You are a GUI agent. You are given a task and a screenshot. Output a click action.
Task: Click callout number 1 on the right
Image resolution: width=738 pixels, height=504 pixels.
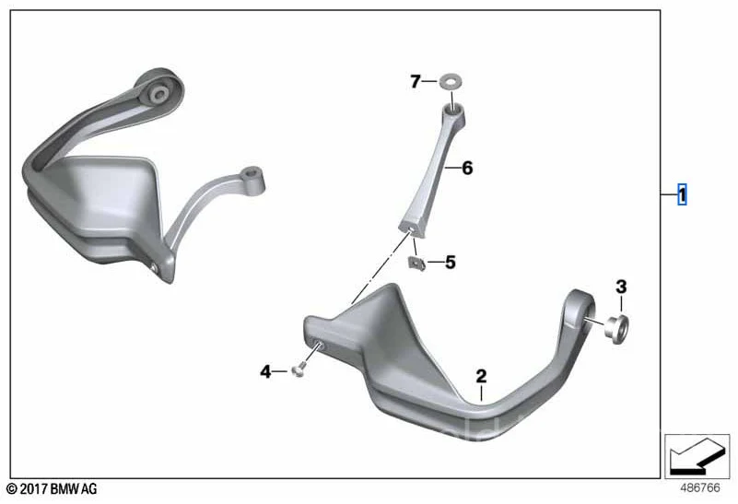[x=682, y=195]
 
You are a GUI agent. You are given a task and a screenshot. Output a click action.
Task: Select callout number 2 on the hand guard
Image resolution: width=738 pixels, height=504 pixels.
[x=480, y=375]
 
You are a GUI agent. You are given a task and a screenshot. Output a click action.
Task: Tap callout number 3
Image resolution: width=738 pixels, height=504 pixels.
[x=620, y=287]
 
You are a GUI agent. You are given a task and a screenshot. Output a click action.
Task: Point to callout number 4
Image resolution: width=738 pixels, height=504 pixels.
[x=265, y=371]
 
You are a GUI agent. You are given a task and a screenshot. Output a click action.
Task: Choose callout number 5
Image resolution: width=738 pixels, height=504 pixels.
[x=450, y=263]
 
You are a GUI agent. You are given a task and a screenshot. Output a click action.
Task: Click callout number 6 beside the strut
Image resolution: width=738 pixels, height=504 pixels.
[x=466, y=168]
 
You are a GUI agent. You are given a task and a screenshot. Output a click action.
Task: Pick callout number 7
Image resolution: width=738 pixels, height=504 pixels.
[x=416, y=82]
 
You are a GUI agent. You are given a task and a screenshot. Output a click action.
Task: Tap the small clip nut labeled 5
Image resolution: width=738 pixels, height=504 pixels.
[x=416, y=263]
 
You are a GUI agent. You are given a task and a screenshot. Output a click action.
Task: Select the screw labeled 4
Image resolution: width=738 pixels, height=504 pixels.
[x=297, y=371]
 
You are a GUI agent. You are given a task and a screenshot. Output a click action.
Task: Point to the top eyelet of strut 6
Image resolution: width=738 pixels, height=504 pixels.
[x=454, y=110]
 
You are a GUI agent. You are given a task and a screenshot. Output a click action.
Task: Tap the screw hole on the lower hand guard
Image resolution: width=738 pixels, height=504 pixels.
[x=318, y=346]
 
